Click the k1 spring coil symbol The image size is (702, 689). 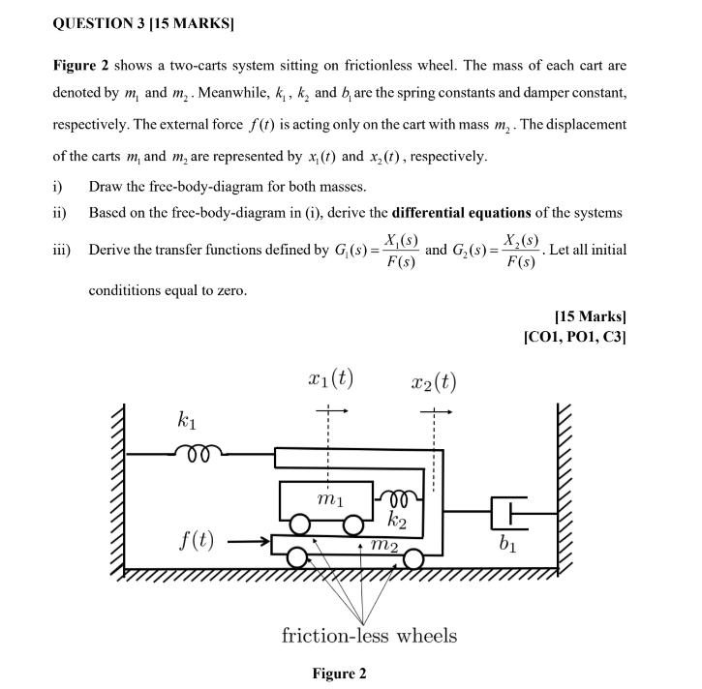tap(200, 450)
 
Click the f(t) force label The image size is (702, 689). tap(197, 540)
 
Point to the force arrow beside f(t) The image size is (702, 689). tap(247, 542)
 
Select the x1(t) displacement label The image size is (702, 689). tap(328, 380)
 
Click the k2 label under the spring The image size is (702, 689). tap(396, 524)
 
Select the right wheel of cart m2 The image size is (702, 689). tap(414, 559)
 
